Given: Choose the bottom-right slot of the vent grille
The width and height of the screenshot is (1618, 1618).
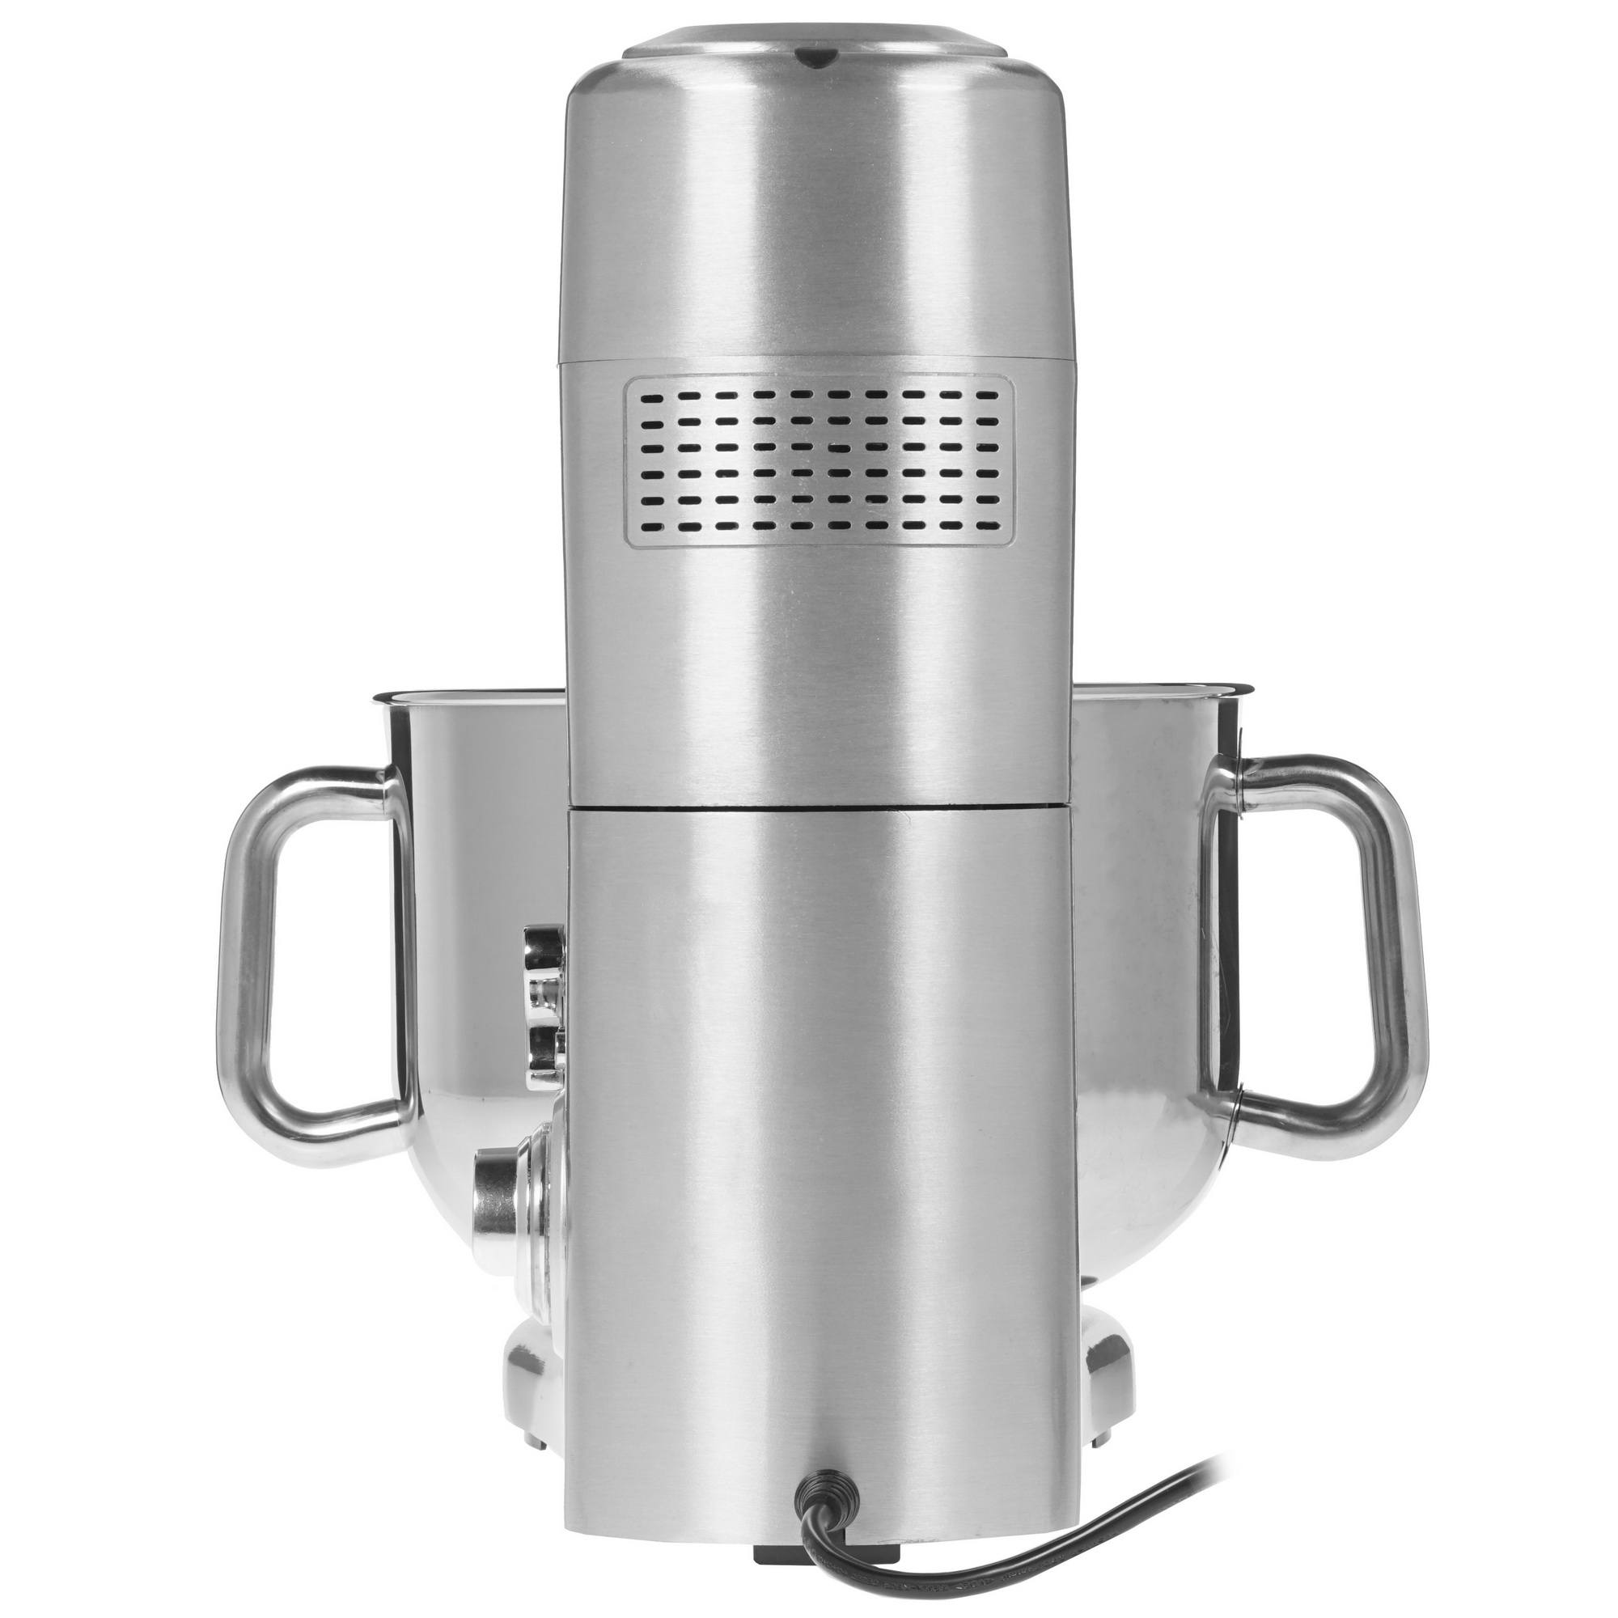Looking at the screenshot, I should tap(989, 530).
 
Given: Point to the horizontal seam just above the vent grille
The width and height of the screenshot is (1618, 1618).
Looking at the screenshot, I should tap(817, 362).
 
